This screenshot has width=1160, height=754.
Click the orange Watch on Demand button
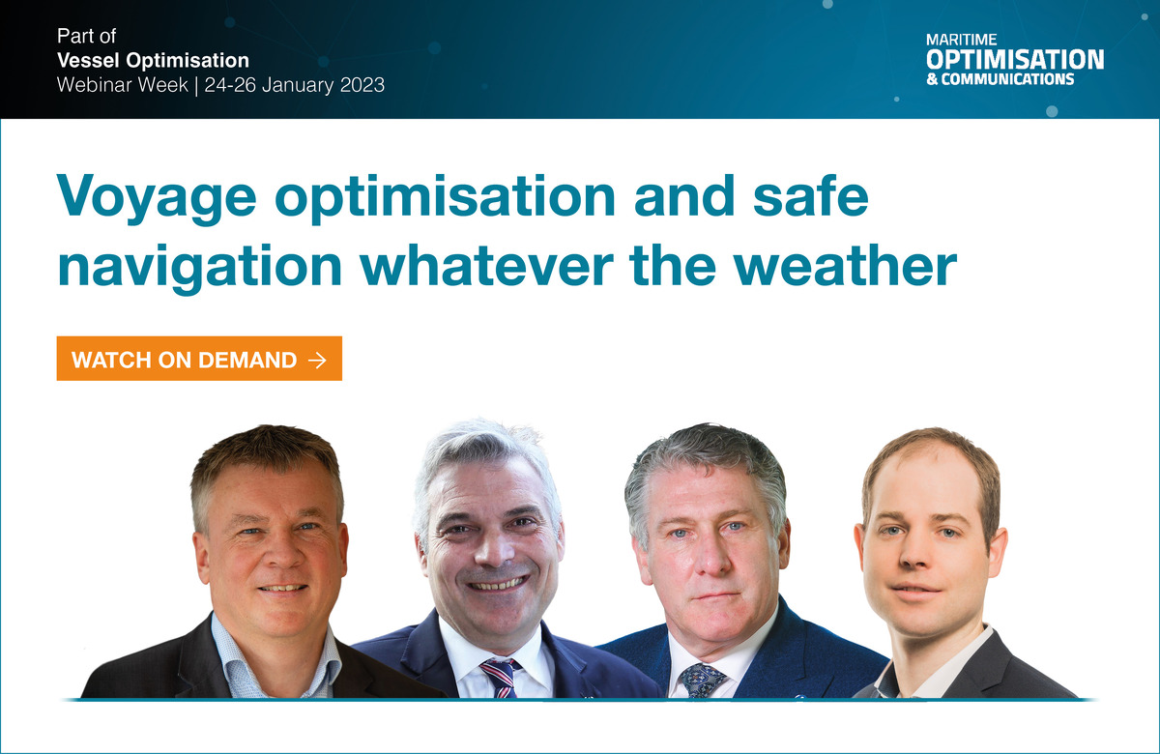click(x=199, y=359)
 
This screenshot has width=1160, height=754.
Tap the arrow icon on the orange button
click(x=317, y=360)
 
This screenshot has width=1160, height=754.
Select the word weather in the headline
click(x=845, y=266)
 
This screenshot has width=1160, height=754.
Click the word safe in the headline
click(x=811, y=194)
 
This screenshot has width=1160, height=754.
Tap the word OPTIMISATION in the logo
click(x=1015, y=60)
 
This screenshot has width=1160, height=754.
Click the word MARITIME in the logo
click(x=961, y=40)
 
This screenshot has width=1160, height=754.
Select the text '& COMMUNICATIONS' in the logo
click(x=1000, y=79)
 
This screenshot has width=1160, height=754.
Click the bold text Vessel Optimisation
click(x=153, y=61)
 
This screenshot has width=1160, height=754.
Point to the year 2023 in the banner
click(x=362, y=85)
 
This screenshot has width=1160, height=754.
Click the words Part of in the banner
click(x=86, y=36)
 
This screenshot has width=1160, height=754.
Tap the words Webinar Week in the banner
click(x=122, y=85)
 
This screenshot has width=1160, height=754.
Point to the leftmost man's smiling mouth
click(x=283, y=588)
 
